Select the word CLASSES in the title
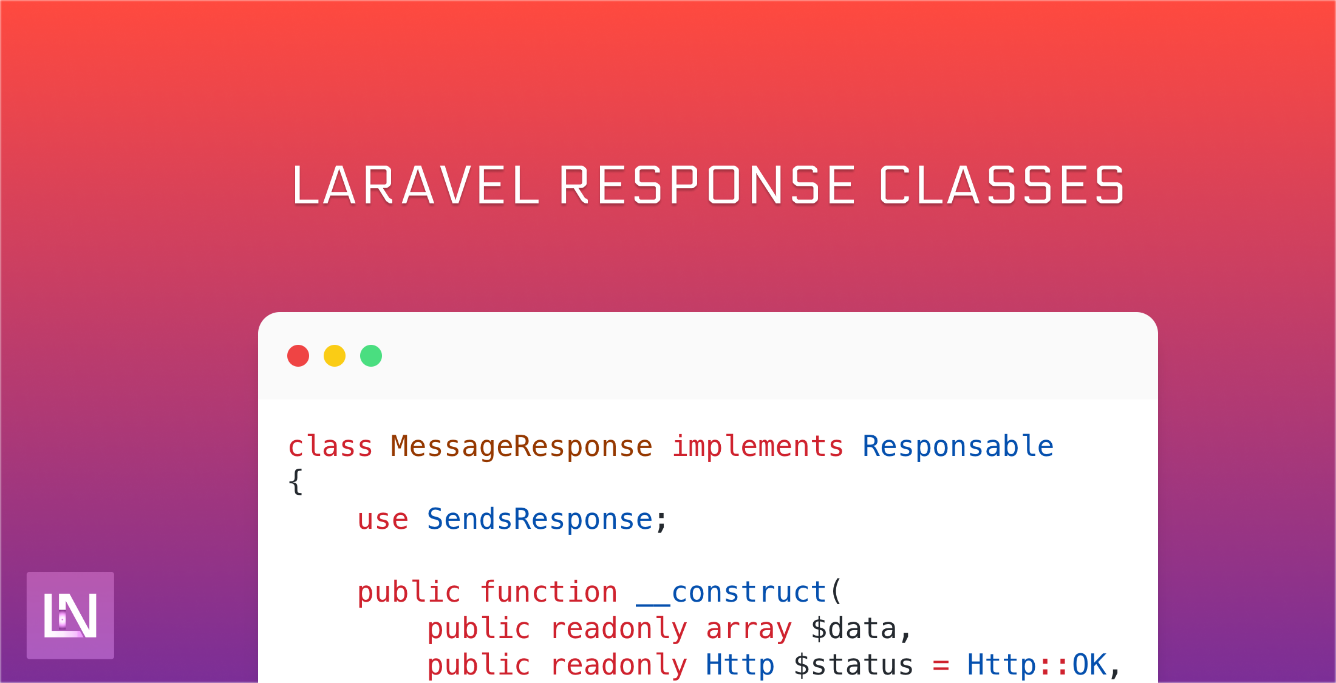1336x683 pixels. (1002, 185)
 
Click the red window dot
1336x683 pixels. (298, 356)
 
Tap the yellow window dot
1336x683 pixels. (335, 356)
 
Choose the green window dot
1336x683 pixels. (371, 356)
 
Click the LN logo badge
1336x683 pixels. (70, 615)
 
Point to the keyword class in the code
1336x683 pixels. (330, 447)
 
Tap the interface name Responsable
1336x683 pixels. (958, 447)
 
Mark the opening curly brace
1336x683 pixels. (296, 483)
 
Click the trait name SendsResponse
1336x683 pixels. (540, 520)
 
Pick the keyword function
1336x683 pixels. (549, 592)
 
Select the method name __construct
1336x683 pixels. (731, 593)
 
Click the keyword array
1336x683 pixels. (749, 630)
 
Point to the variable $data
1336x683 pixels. (854, 628)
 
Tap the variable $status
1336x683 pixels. (854, 665)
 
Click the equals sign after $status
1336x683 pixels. (941, 666)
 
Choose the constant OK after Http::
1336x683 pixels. (1090, 665)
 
